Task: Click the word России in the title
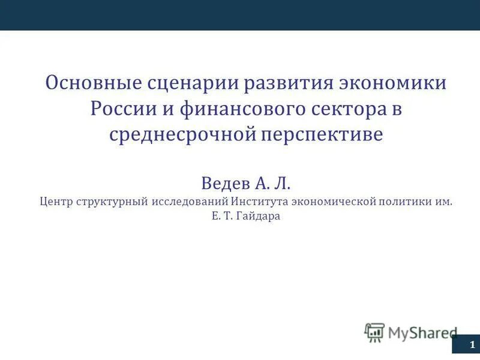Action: [121, 109]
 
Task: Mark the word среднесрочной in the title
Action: [181, 134]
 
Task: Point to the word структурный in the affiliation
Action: [112, 202]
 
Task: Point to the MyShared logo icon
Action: [374, 332]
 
